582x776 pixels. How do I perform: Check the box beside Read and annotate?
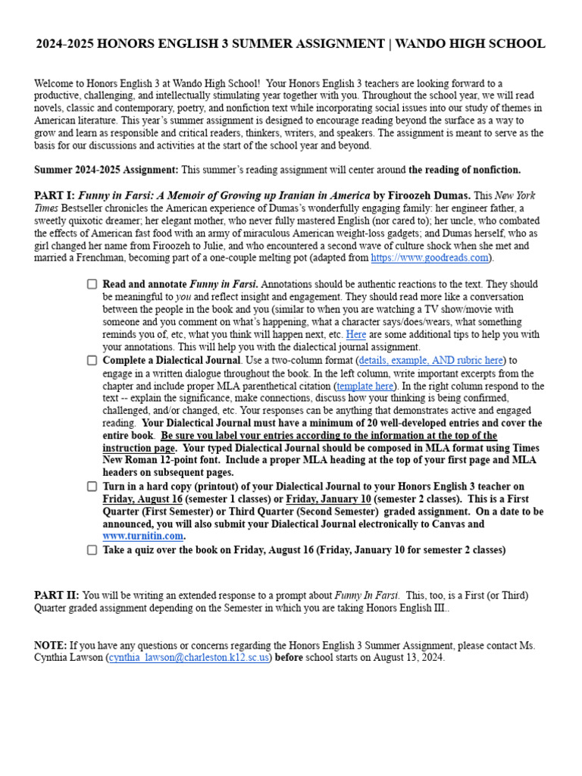click(92, 284)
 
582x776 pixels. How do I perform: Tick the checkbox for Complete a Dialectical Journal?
click(92, 361)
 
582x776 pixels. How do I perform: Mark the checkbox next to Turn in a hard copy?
click(92, 487)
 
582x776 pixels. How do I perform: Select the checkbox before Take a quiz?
click(92, 550)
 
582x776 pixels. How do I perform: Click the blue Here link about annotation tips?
click(355, 335)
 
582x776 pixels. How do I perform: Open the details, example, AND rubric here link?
click(430, 361)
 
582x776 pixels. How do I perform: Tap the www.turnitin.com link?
click(143, 537)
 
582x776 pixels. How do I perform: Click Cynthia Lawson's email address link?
click(189, 658)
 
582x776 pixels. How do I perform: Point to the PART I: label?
click(55, 195)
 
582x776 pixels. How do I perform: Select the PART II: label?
click(57, 595)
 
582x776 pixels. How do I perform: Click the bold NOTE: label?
click(50, 645)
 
